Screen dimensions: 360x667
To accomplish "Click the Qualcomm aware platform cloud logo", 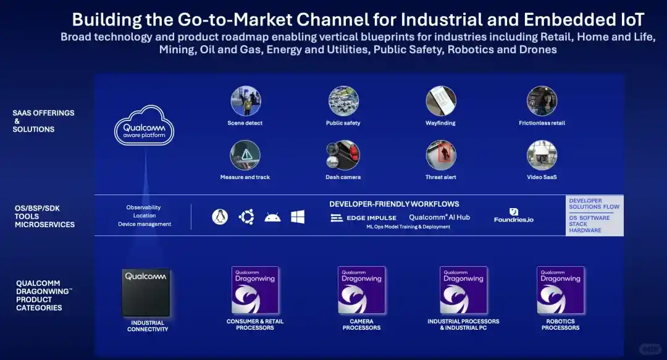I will pos(144,125).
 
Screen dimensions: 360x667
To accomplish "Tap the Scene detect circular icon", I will pos(245,101).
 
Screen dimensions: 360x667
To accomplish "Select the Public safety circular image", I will pos(343,101).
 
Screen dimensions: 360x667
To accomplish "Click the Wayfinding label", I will pos(440,123).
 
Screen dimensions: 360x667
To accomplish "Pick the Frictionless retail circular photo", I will pos(542,101).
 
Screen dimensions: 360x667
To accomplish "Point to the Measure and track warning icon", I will pos(245,155).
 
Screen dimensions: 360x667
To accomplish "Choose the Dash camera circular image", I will pos(343,155).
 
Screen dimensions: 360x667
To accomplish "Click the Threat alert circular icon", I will pos(441,155).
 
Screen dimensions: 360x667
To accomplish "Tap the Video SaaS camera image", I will pos(542,155).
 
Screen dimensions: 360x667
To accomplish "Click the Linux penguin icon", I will pos(219,217).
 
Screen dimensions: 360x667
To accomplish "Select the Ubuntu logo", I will pos(246,217).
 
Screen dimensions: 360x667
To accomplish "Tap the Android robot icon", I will pos(272,217).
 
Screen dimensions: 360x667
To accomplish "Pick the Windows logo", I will pos(298,217).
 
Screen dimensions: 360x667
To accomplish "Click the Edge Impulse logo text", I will pos(364,218).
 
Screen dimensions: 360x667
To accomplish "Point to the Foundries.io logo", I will pos(513,216).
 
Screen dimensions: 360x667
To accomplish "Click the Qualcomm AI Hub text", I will pos(439,217).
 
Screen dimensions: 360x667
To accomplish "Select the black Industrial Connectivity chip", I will pos(147,292).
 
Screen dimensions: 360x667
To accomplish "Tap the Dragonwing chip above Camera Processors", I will pos(361,290).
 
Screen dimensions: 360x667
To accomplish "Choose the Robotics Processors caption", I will pos(560,325).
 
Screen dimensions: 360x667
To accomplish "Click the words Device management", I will pos(145,224).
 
